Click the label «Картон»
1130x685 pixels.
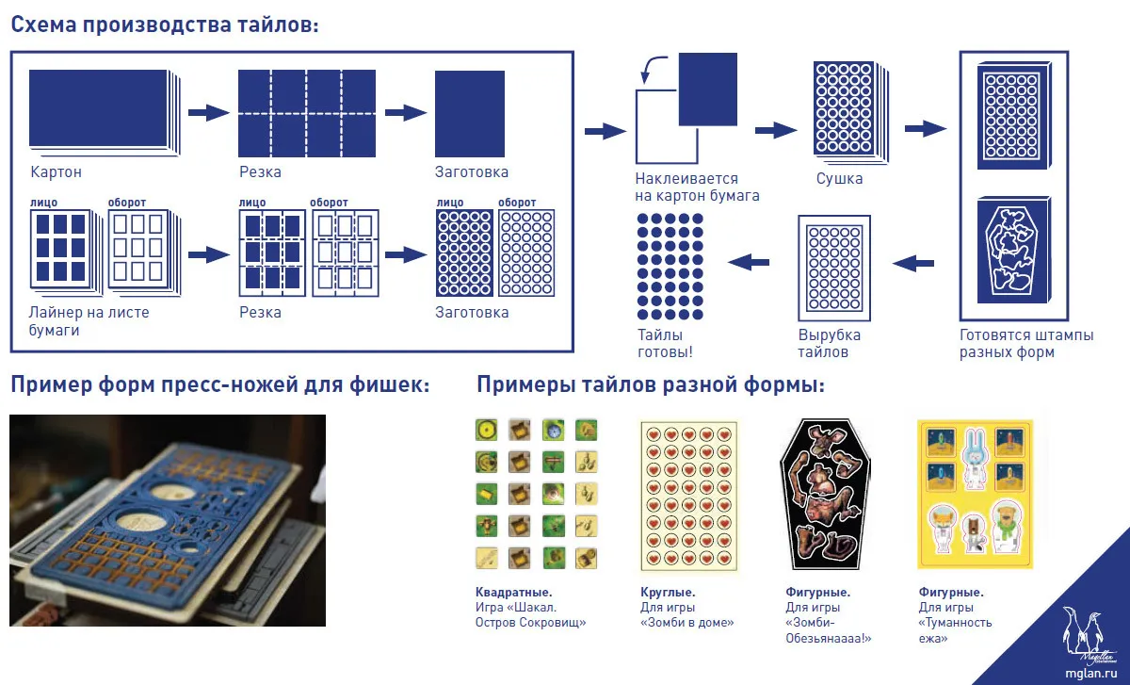coord(56,172)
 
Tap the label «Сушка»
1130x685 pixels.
coord(839,179)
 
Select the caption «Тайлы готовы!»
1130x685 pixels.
coord(666,343)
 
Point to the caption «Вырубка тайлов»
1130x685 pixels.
coord(830,343)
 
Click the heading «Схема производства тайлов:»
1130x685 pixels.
coord(165,24)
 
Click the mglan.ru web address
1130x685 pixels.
coord(1090,674)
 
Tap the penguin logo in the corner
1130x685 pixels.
coord(1085,635)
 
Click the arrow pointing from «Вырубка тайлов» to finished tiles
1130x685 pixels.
coord(749,262)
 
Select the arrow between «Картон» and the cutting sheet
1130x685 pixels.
coord(209,112)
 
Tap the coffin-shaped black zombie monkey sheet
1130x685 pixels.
coord(825,494)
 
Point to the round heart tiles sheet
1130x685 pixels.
coord(689,496)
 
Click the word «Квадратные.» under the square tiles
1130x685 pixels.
coord(513,592)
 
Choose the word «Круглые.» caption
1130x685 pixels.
coord(668,592)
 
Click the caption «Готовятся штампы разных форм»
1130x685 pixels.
coord(1026,343)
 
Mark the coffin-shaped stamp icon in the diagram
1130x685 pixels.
coord(1014,251)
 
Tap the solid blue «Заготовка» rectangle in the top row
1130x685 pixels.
coord(470,114)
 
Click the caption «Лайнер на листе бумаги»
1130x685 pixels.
coord(89,321)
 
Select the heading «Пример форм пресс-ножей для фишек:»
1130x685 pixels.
coord(220,384)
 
